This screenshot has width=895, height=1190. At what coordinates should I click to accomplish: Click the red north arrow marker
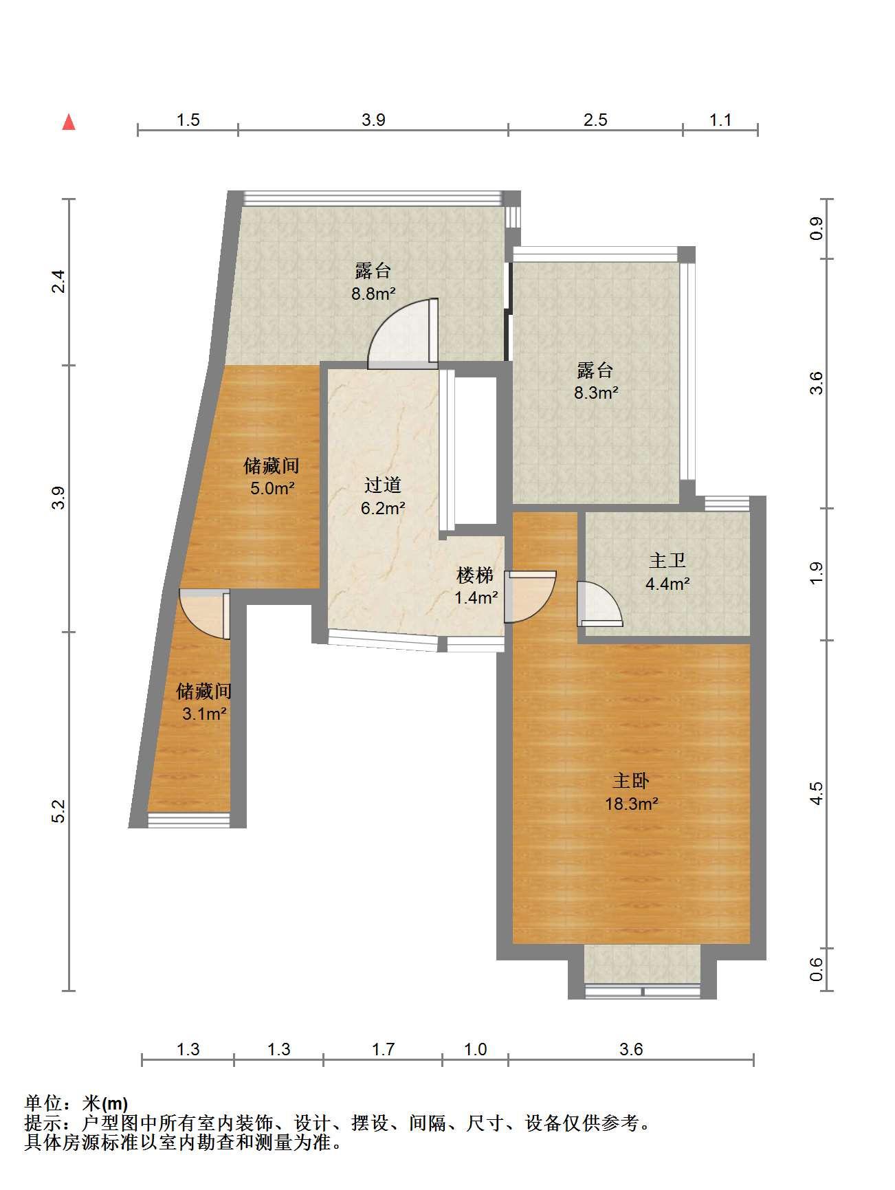coord(69,122)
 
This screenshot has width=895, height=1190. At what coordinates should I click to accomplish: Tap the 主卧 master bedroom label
coord(631,781)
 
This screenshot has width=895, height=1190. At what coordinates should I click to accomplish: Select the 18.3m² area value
coord(632,804)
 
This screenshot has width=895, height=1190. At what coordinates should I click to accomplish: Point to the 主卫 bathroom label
coord(667,561)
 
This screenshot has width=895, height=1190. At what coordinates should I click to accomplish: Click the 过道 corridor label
coord(383,485)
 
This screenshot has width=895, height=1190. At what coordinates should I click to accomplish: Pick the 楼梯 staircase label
coord(476,575)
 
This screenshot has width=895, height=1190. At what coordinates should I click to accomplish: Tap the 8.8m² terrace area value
coord(373,294)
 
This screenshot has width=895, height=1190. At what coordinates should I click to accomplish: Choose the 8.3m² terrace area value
coord(596,393)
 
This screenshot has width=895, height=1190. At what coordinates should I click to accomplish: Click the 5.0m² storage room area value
coord(272,489)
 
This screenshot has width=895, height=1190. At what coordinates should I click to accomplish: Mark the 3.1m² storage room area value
coord(204,714)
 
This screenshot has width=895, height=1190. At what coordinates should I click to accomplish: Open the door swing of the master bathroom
coord(599,604)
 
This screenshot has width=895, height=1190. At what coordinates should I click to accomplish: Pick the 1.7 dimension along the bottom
coord(383,1049)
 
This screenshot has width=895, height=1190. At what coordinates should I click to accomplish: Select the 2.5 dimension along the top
coord(595,120)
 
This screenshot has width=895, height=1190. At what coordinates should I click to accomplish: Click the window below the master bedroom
coord(642,991)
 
